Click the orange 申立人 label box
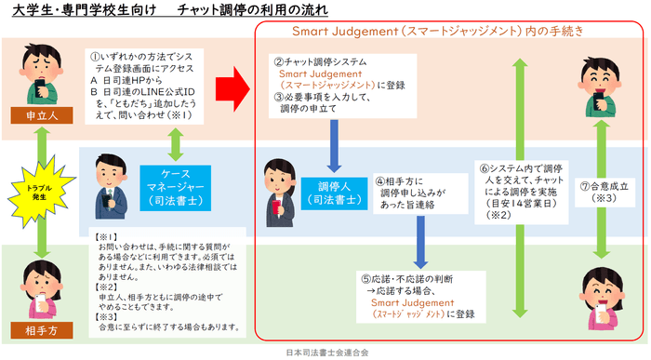tap(34, 115)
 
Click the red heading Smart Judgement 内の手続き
tap(437, 32)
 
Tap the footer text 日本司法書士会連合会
tap(325, 353)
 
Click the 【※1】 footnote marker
tap(110, 236)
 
